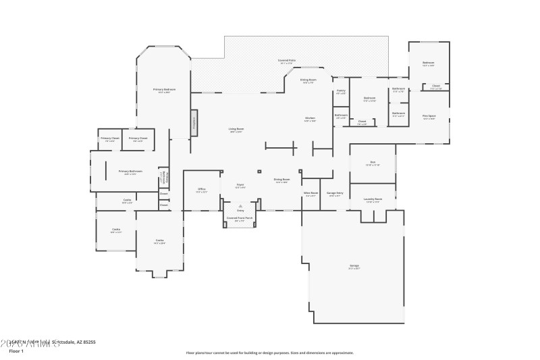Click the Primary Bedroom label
pos(165,89)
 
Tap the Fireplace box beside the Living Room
pos(194,122)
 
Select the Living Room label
pos(236,128)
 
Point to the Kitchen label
pos(310,118)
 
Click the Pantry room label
pos(341,91)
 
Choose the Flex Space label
pos(429,116)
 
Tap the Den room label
pos(372,162)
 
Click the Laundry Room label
pos(373,199)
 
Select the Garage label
pos(354,265)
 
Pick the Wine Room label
pos(310,193)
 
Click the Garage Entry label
pos(335,193)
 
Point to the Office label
pos(201,188)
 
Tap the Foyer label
pos(240,184)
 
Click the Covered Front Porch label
pos(240,217)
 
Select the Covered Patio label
pos(287,61)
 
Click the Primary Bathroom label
pos(130,172)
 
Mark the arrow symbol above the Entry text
pos(240,205)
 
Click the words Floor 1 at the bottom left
pos(16,351)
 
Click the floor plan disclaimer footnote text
pos(269,352)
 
